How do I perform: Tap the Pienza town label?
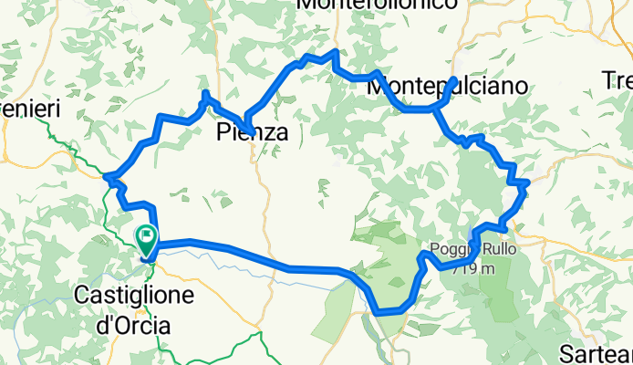coord(253,133)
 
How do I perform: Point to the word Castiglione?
coord(133,296)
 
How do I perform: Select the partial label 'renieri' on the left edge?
coord(29,109)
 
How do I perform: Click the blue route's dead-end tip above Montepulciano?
coord(454,80)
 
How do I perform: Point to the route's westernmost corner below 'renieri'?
coord(107,177)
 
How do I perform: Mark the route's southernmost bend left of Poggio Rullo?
coord(378,313)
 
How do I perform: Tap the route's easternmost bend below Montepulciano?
coord(526,183)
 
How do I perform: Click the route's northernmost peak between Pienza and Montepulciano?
coord(336,52)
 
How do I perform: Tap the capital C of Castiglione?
coord(80,296)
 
